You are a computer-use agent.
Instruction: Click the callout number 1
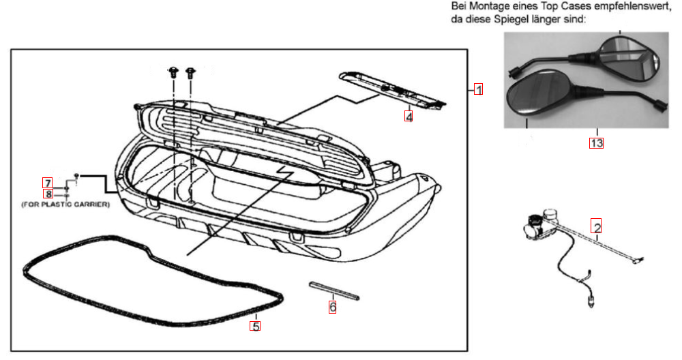479,89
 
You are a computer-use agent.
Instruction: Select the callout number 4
408,117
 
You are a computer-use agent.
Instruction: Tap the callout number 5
254,326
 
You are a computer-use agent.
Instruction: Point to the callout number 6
332,307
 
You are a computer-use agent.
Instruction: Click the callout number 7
47,183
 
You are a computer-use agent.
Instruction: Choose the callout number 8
47,194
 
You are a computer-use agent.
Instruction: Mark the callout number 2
596,227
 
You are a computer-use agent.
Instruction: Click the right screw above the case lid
190,71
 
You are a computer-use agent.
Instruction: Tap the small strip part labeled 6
333,289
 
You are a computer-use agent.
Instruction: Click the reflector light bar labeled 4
392,89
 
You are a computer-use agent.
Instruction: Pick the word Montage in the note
486,6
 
